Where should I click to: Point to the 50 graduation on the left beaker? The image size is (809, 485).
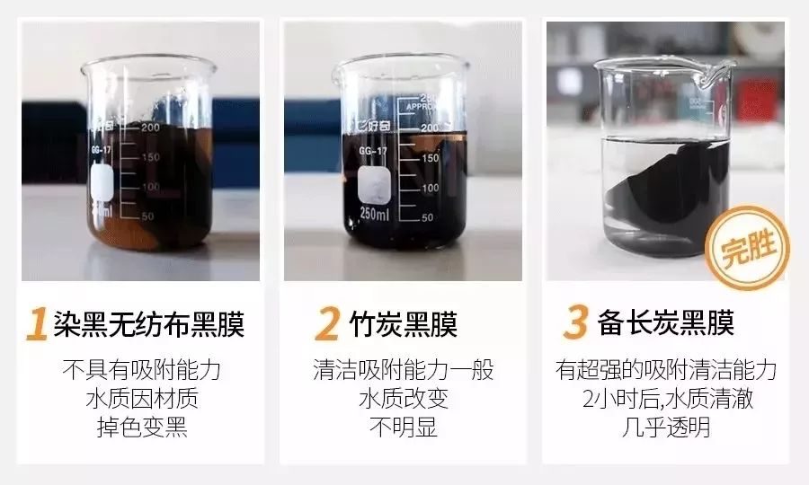pyautogui.click(x=148, y=216)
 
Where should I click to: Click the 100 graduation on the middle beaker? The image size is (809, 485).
pyautogui.click(x=431, y=188)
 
